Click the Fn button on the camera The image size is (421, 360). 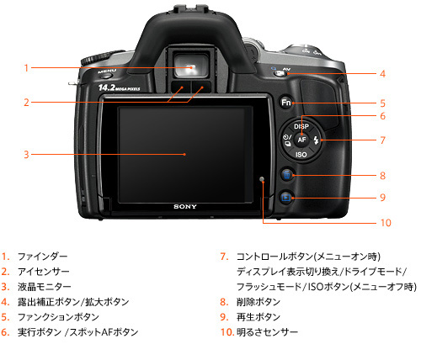(x=286, y=103)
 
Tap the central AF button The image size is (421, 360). (x=301, y=140)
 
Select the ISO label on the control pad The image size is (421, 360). (x=301, y=156)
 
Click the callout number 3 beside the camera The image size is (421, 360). (x=27, y=155)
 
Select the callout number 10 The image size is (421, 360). (x=386, y=223)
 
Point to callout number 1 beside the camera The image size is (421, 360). (x=27, y=68)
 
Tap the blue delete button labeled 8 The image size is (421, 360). (x=286, y=175)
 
